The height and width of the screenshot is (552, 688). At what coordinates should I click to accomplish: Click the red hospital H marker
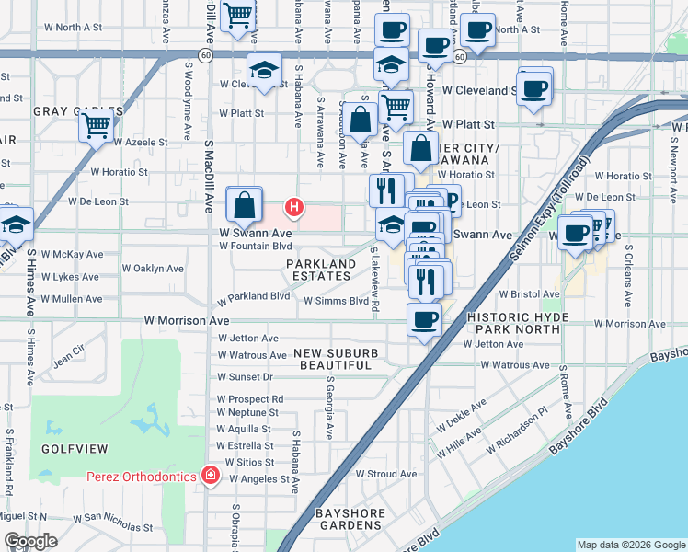click(293, 208)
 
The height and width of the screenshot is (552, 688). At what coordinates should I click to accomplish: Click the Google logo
click(31, 541)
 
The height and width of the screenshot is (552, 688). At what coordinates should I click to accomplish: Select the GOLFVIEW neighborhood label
click(75, 448)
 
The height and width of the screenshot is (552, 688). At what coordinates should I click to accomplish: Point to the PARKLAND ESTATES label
click(320, 270)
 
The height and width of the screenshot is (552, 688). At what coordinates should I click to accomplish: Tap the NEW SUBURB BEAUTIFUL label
click(334, 359)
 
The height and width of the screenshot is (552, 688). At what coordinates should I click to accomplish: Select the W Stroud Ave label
click(386, 475)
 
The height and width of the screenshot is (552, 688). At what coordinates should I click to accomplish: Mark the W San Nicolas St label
click(113, 523)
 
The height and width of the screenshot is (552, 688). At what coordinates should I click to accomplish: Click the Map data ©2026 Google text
click(630, 545)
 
